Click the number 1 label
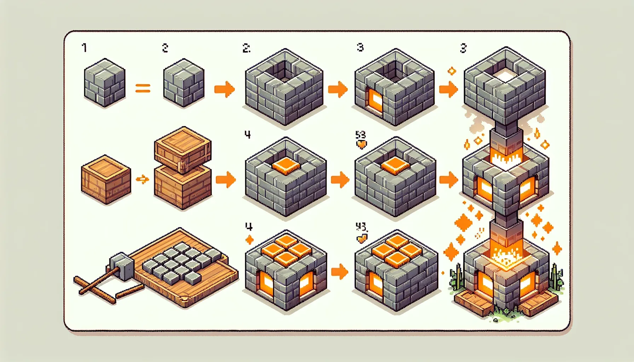click(84, 48)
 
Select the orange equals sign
click(143, 88)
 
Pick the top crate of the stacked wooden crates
click(183, 149)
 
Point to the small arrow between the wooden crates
click(143, 180)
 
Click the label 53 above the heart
click(360, 135)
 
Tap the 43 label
click(361, 226)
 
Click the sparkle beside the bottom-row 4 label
click(249, 240)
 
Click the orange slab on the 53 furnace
click(395, 165)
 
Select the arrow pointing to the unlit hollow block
click(224, 89)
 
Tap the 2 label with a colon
click(247, 48)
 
